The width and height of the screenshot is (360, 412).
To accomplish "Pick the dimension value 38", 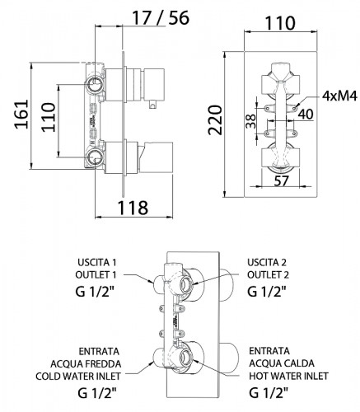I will tap(248, 121).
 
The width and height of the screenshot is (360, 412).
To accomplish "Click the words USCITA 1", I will tap(98, 263).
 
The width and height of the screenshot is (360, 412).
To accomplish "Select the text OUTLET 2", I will tap(268, 275).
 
